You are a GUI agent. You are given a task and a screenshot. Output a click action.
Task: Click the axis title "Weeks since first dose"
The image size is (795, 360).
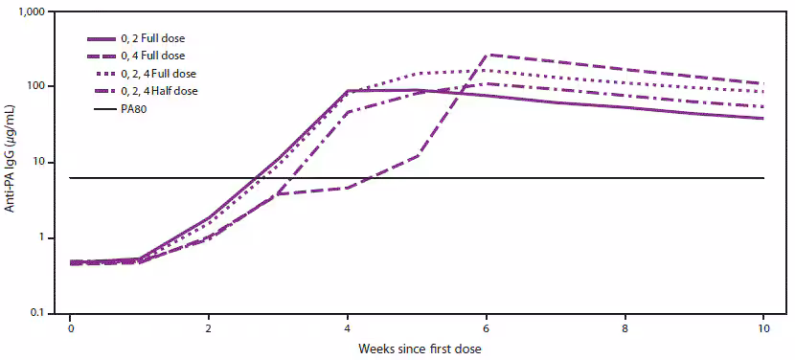417,348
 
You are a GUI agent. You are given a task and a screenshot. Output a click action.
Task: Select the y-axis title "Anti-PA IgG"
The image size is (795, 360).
12,162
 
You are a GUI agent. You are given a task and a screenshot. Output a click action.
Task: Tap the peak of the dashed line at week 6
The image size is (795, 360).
489,55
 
